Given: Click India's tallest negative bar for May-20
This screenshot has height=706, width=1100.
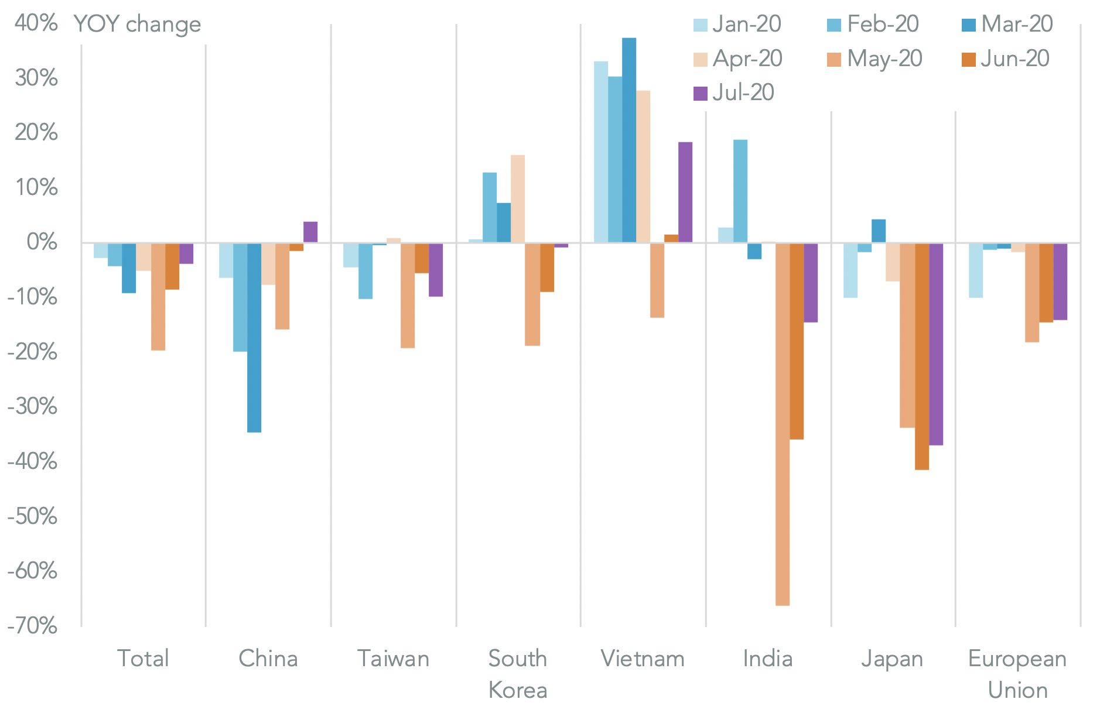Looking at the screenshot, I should point(783,424).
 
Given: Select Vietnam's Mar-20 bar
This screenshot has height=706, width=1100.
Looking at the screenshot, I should point(629,140).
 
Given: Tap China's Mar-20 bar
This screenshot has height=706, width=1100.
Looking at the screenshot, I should point(254,337).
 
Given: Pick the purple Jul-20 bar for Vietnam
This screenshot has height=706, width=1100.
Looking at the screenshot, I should point(685,192).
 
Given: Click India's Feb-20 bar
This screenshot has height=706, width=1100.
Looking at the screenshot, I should point(740,191).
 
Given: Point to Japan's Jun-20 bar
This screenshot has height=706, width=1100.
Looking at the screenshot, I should point(922,356).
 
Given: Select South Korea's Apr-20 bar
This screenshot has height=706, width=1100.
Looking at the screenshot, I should point(518,198).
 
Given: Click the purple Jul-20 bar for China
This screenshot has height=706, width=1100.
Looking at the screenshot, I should point(310,232).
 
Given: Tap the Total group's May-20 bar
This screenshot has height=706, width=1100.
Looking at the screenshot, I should point(158,296).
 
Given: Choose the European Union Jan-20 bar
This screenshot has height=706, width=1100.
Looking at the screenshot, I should point(976,270).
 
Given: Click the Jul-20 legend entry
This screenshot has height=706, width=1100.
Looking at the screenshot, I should point(733,92).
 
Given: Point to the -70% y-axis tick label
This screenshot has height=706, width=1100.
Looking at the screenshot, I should point(32,626).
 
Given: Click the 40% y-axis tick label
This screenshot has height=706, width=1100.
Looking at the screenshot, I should point(36,23).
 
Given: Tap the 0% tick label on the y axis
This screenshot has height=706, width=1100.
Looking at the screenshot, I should point(42,242).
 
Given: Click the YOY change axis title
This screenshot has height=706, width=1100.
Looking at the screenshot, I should point(137,24).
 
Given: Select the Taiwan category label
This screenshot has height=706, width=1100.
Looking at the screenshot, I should point(394,659).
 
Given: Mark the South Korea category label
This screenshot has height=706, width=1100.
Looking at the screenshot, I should point(518,674).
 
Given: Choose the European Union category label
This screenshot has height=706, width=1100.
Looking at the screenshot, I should point(1017,674).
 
